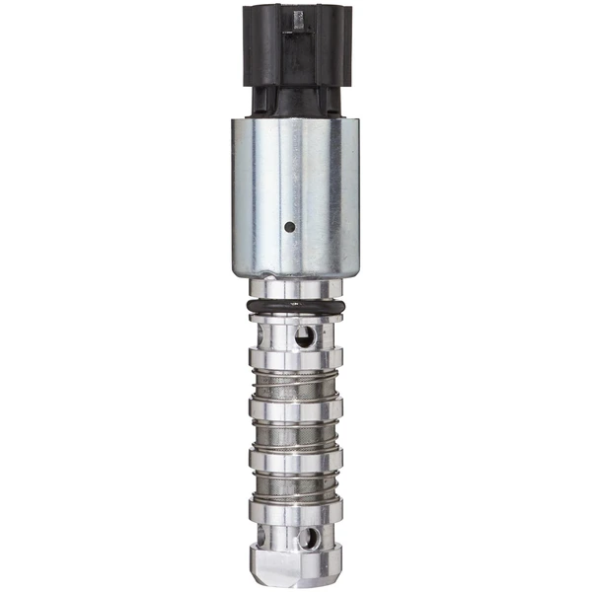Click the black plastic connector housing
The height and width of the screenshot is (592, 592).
coord(296,39)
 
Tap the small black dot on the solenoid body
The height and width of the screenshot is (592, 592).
coord(289,227)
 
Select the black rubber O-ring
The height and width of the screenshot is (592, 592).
coord(296,310)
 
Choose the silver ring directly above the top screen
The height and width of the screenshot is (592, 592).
coord(296,358)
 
